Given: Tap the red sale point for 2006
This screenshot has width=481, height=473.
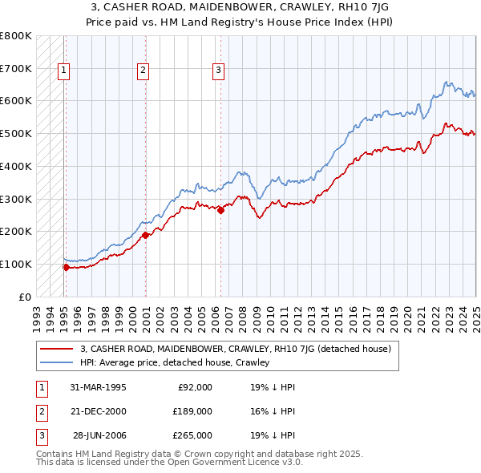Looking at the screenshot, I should [220, 210].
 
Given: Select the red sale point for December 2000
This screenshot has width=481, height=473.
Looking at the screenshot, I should [145, 235].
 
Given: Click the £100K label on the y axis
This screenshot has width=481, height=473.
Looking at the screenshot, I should [17, 264].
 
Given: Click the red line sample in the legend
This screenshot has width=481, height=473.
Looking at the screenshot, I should [57, 349].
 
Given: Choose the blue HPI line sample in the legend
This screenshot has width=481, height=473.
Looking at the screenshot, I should [57, 362].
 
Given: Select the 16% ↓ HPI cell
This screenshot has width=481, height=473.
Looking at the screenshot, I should [273, 411].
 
